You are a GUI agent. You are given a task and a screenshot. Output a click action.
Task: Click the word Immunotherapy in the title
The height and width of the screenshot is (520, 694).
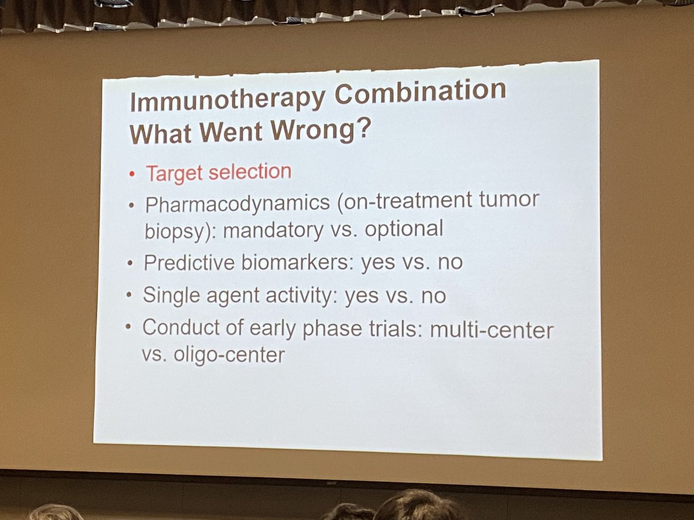click(227, 99)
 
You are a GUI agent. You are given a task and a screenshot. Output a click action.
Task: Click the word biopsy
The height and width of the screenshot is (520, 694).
click(172, 231)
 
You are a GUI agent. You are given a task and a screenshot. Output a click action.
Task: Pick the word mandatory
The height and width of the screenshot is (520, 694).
click(273, 229)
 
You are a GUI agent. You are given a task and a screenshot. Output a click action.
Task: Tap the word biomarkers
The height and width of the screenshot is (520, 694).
click(296, 262)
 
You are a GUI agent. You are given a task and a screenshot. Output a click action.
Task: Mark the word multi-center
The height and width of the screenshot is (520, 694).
click(493, 330)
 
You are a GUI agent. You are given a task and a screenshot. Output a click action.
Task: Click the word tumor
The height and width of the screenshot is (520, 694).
click(510, 200)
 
